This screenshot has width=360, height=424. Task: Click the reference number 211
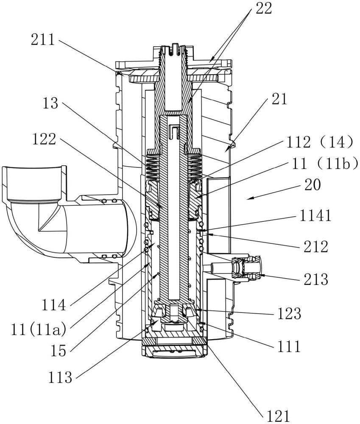[43, 40]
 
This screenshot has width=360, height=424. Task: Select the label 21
[279, 99]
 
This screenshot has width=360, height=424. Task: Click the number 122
[44, 139]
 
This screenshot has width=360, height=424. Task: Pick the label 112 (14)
[319, 142]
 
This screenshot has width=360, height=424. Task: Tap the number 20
[313, 185]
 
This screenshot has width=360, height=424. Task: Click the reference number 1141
[315, 216]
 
